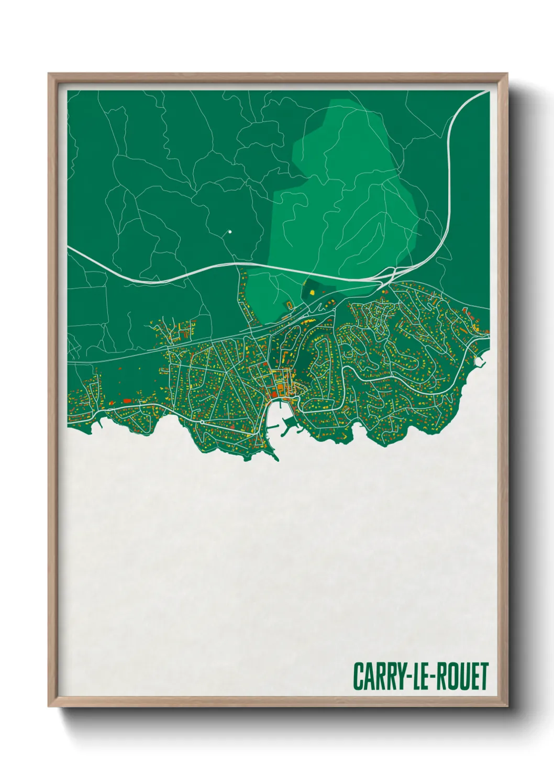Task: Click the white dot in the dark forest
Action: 229,231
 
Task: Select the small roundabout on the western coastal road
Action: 202,422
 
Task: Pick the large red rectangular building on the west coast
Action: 127,400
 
